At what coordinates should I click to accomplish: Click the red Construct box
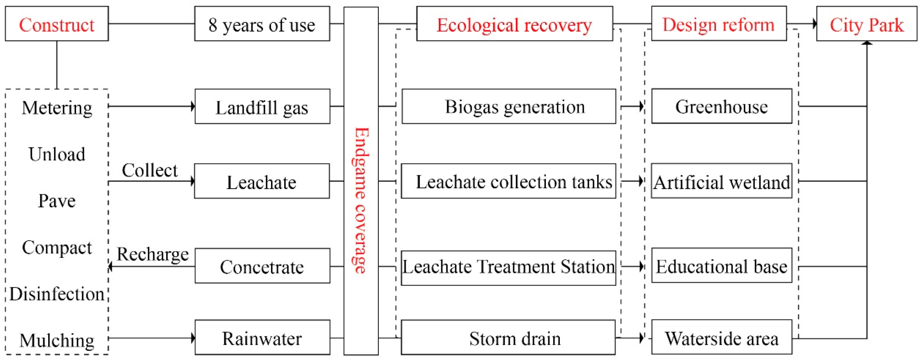pyautogui.click(x=57, y=24)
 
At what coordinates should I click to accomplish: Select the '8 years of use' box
pyautogui.click(x=262, y=24)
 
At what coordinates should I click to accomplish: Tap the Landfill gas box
pyautogui.click(x=262, y=107)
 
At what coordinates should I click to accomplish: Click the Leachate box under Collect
pyautogui.click(x=262, y=181)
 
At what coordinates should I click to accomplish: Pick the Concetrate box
pyautogui.click(x=262, y=266)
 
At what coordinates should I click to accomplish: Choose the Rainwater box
pyautogui.click(x=262, y=338)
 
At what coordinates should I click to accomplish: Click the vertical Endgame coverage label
pyautogui.click(x=361, y=200)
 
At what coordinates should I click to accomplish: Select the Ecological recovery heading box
pyautogui.click(x=514, y=24)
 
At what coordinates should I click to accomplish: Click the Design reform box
pyautogui.click(x=719, y=24)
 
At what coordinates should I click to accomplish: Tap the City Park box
pyautogui.click(x=866, y=24)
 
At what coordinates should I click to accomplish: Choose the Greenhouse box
pyautogui.click(x=721, y=107)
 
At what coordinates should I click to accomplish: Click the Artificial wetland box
pyautogui.click(x=721, y=181)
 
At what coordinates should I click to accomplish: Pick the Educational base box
pyautogui.click(x=721, y=266)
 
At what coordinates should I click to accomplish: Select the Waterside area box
pyautogui.click(x=721, y=338)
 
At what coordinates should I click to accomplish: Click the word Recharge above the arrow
pyautogui.click(x=153, y=254)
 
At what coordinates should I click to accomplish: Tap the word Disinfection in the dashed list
pyautogui.click(x=57, y=294)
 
